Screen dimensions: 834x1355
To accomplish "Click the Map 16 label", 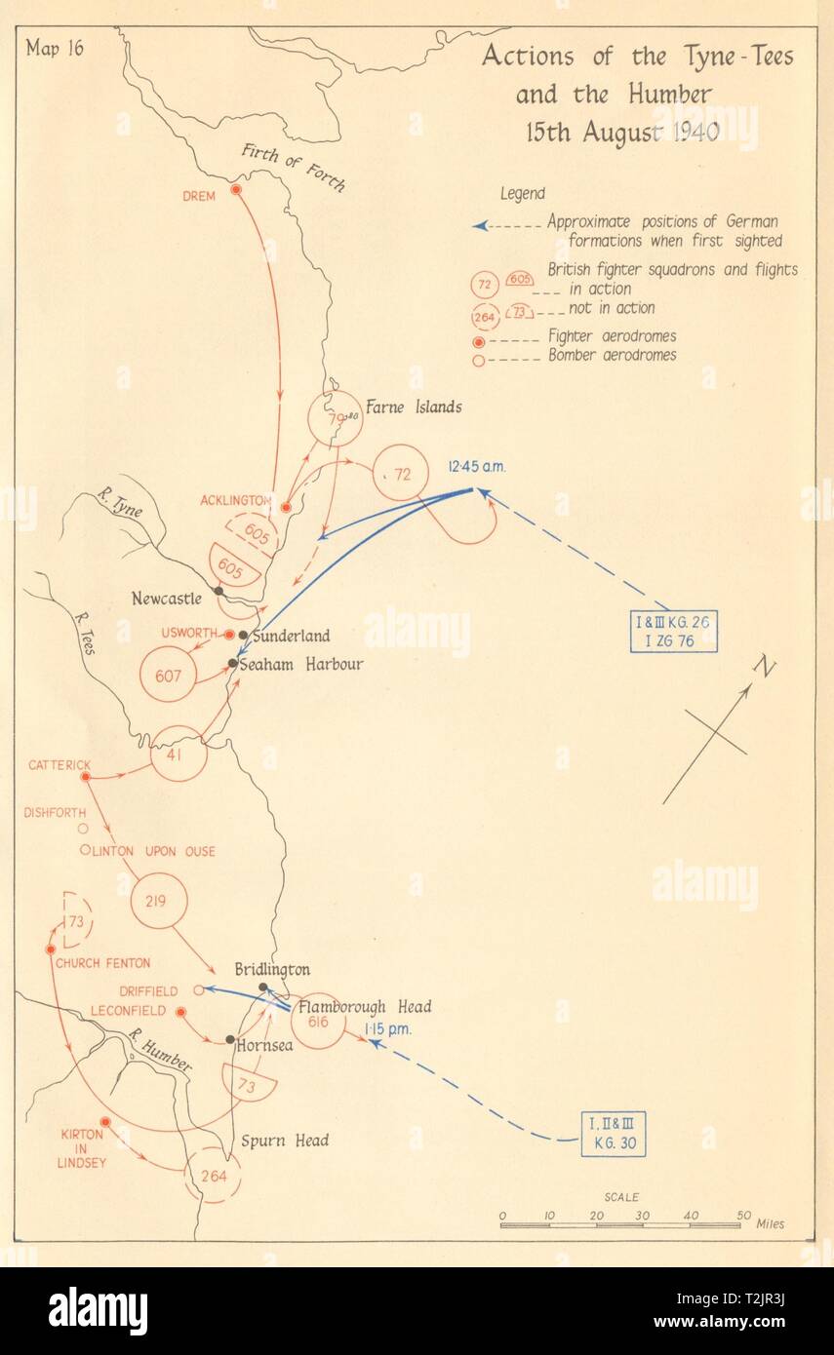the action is click(57, 51).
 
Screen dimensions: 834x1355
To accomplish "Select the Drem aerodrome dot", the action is click(236, 188).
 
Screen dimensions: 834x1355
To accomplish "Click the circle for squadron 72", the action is click(401, 473).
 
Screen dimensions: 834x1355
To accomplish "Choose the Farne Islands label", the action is click(413, 406).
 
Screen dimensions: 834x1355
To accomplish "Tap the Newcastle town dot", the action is click(219, 591).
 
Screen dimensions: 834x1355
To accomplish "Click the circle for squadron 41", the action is click(179, 754).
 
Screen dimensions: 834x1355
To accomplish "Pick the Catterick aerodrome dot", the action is click(85, 776).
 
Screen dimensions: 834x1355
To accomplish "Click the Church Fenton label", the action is click(102, 963).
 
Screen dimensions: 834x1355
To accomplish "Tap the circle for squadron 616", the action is click(318, 1021).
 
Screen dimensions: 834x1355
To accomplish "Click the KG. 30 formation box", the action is click(614, 1133).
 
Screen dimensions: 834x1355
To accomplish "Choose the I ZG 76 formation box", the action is click(672, 632).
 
